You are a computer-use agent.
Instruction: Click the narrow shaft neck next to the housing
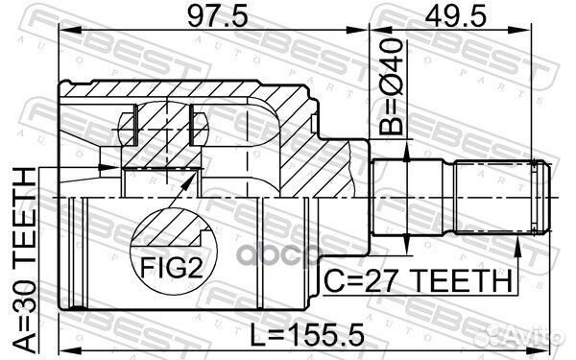[x=384, y=198]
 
